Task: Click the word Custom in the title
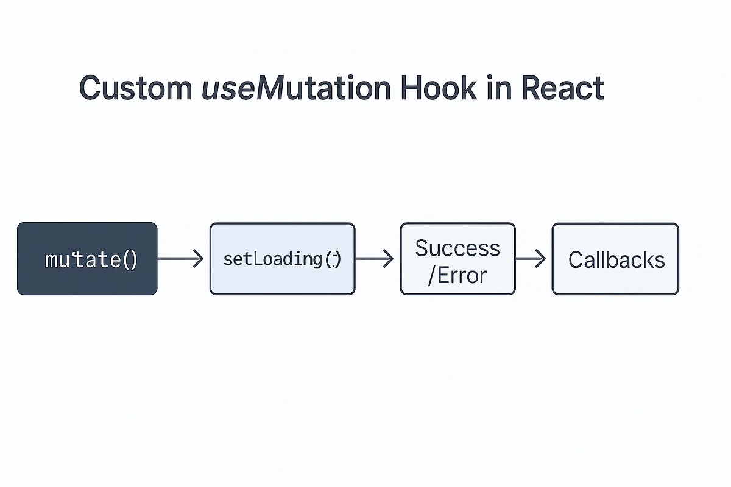coord(135,88)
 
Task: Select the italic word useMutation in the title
coord(295,88)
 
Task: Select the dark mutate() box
coord(87,259)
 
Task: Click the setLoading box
coord(282,259)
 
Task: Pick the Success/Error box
coord(457,259)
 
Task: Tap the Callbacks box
coord(615,259)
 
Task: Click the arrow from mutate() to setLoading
coord(180,259)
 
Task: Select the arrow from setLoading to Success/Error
coord(374,259)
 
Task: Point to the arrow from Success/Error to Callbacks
coord(531,259)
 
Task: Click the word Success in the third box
coord(457,248)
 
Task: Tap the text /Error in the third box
coord(457,275)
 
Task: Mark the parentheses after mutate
coord(130,260)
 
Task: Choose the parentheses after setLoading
coord(333,259)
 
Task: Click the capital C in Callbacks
coord(576,260)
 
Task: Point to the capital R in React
coord(532,88)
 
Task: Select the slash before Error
coord(432,276)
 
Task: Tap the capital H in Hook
coord(411,88)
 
